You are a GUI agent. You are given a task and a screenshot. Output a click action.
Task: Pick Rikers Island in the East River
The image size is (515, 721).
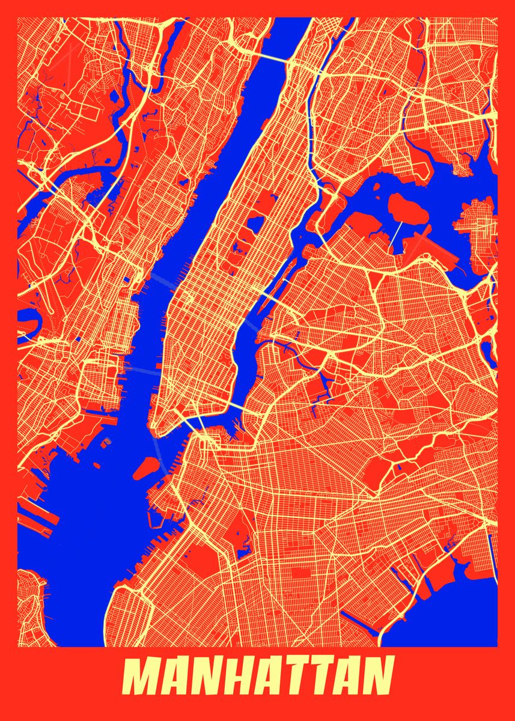click(x=406, y=207)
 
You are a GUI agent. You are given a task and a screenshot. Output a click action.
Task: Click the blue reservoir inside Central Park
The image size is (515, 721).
click(x=254, y=224)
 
